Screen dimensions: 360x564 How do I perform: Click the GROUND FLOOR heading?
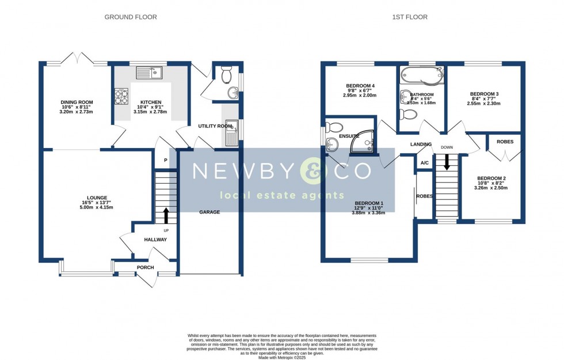point(130,17)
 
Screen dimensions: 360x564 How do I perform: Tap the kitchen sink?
point(150,73)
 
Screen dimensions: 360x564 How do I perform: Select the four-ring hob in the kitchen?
point(121,96)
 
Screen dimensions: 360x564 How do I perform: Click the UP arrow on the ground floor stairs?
point(166,216)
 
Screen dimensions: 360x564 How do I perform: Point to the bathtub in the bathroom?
point(422,74)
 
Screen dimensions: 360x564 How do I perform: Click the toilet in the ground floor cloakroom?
point(227,73)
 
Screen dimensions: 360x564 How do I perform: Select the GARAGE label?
point(209,212)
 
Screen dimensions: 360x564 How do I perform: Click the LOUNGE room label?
point(98,198)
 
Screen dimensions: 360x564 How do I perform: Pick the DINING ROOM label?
point(77,103)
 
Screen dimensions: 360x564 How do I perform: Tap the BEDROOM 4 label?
point(360,86)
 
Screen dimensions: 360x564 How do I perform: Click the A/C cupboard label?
point(425,163)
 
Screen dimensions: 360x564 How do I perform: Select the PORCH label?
point(145,267)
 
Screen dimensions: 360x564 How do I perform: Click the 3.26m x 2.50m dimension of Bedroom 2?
point(491,187)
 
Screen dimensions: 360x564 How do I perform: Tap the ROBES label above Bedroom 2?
point(505,142)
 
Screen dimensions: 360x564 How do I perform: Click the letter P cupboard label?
point(166,161)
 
